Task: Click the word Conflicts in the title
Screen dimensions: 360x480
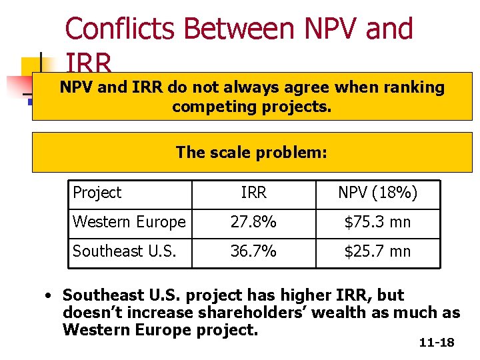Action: click(x=119, y=29)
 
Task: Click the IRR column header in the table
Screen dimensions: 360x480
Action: click(x=253, y=193)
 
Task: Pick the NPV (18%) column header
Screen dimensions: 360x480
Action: click(x=377, y=193)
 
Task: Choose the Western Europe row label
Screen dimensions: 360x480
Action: click(x=129, y=222)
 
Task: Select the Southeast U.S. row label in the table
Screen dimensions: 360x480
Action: click(x=125, y=251)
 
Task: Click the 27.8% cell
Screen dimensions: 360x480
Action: click(x=253, y=222)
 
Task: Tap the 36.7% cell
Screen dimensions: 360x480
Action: click(x=253, y=251)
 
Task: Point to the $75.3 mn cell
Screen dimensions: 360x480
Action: click(x=377, y=222)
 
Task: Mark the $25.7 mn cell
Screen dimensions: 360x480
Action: click(x=377, y=251)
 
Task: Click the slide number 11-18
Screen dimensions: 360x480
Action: click(x=437, y=343)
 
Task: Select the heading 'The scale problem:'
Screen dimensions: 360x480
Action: click(x=252, y=153)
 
